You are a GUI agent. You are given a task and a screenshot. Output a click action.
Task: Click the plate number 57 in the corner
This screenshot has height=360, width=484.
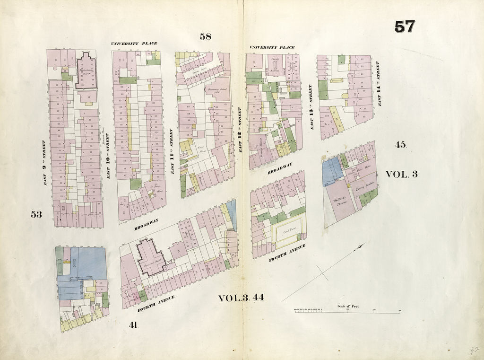pos(405,27)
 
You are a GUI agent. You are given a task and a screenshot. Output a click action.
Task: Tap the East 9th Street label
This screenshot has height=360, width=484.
pos(43,162)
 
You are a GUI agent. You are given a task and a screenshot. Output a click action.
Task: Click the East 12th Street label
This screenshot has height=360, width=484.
pos(240,129)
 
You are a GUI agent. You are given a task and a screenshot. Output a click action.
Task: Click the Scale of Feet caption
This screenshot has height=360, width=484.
pos(348,306)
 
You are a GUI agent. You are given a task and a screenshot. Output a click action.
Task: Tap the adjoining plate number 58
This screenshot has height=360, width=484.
pos(205,36)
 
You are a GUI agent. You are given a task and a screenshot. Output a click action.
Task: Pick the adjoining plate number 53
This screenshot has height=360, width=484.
pos(36,214)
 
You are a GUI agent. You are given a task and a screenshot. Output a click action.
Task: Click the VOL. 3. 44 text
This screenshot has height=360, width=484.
pos(241,298)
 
